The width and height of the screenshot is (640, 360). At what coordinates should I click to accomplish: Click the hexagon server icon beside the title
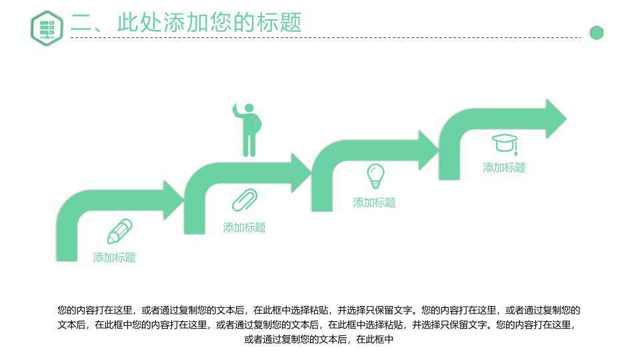click(x=47, y=29)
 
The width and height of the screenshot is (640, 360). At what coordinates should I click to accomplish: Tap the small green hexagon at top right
click(x=597, y=33)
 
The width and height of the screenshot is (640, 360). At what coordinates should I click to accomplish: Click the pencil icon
click(x=119, y=231)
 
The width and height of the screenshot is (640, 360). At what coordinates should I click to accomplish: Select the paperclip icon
click(x=245, y=200)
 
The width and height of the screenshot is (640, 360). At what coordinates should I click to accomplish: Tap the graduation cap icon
click(x=505, y=143)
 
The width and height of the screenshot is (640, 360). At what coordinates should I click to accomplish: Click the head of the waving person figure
click(x=249, y=108)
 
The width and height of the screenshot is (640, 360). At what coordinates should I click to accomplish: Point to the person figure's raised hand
click(x=235, y=108)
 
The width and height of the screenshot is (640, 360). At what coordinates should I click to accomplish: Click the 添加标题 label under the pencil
click(x=114, y=258)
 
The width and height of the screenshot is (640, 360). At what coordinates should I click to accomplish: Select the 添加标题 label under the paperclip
click(x=244, y=228)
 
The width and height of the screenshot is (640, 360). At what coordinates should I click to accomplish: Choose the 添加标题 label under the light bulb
click(x=374, y=203)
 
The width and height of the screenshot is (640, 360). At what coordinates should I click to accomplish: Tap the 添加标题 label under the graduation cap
click(x=504, y=168)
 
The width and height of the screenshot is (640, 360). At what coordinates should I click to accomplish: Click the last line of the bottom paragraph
click(x=319, y=340)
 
